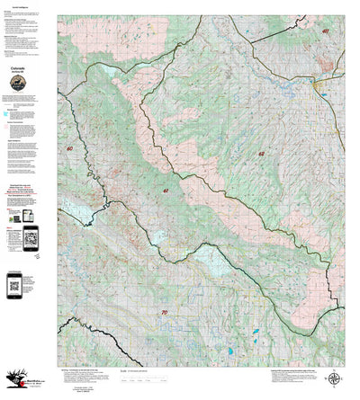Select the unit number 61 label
point(166,191)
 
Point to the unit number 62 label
point(261,154)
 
